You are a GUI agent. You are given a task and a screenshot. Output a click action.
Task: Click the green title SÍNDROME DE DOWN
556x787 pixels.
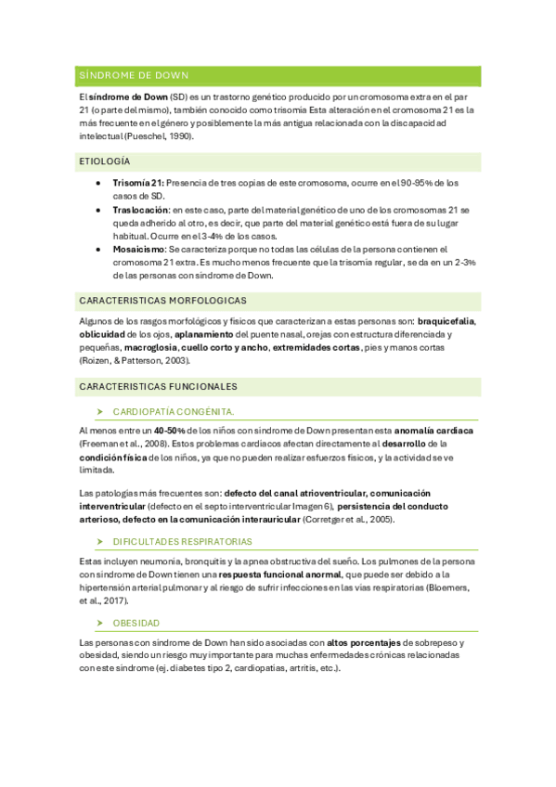[x=134, y=75]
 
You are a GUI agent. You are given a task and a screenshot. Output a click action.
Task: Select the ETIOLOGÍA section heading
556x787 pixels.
[x=105, y=161]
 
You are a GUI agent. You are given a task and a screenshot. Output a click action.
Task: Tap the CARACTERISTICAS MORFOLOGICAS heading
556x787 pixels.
[x=162, y=301]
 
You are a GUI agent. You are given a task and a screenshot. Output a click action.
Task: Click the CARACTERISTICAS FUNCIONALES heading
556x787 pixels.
[x=158, y=386]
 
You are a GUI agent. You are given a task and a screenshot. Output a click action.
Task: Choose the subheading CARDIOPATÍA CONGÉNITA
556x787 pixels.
[x=173, y=410]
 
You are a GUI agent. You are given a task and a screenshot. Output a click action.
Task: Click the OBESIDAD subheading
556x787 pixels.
[x=136, y=623]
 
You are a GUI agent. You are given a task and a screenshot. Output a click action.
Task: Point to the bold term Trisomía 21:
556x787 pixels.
[x=138, y=184]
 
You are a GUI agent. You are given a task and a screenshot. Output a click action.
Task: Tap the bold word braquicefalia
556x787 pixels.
[x=446, y=321]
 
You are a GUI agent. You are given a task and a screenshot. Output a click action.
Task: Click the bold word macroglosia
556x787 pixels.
[x=151, y=347]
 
